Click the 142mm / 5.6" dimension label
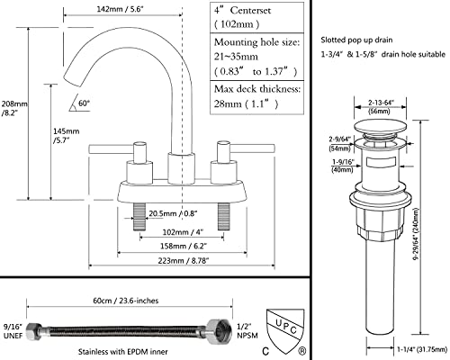tap(120, 9)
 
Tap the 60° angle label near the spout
tap(85, 103)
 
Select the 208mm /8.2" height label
tap(14, 108)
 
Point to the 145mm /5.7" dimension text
tap(66, 136)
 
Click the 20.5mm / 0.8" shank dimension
tap(173, 213)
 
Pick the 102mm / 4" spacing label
tap(183, 232)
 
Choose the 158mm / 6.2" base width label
tap(184, 246)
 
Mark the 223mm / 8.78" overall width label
tap(184, 261)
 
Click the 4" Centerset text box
tap(256, 17)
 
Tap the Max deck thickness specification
tap(256, 97)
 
